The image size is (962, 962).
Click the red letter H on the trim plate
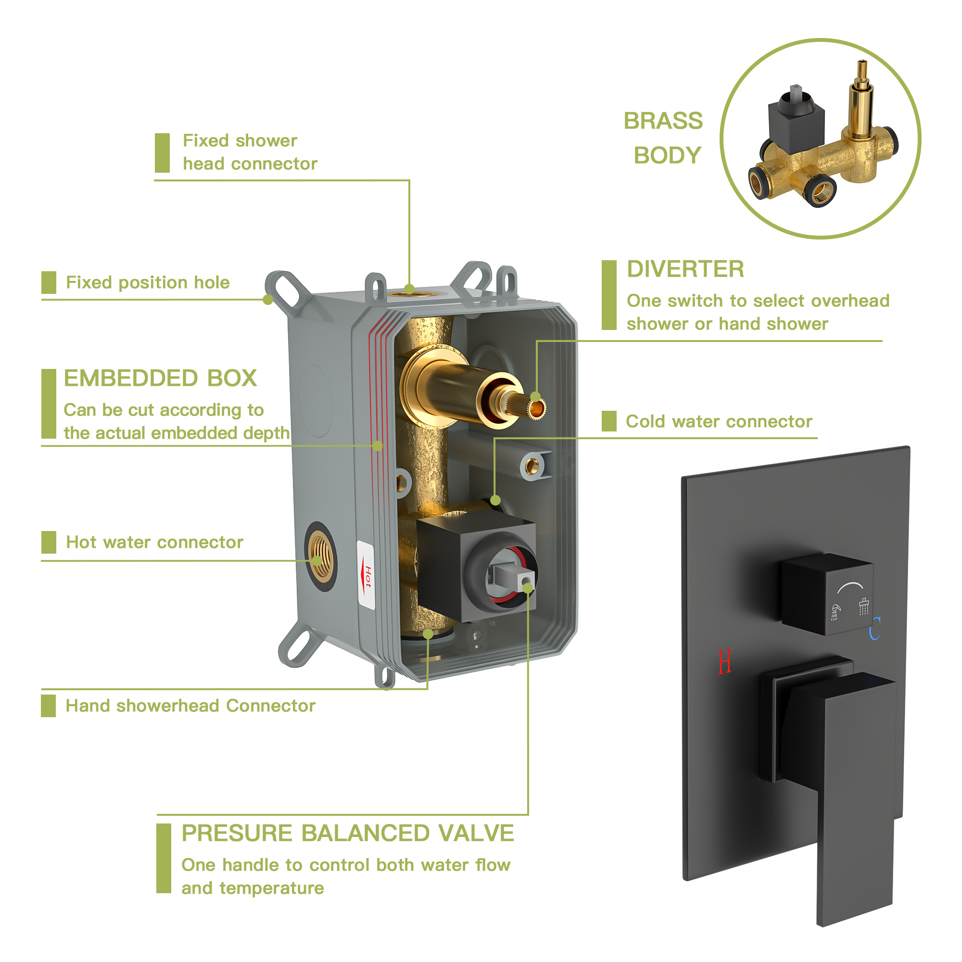[x=725, y=662]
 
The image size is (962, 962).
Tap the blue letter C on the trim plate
[x=875, y=628]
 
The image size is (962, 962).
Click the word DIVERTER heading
[x=685, y=269]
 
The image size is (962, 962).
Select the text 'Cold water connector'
[x=719, y=421]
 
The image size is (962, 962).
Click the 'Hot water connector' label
[x=155, y=542]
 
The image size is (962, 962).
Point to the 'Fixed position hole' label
[x=148, y=282]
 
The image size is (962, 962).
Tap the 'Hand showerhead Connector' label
[x=190, y=706]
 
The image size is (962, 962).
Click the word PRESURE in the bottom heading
[x=237, y=833]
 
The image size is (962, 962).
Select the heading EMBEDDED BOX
[x=160, y=378]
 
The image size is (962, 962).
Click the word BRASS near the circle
[x=663, y=121]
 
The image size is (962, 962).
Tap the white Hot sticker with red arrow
[x=366, y=575]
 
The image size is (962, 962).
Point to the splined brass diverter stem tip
[x=536, y=409]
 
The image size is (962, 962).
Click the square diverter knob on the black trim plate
[x=827, y=594]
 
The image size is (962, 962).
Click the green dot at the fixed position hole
[x=268, y=299]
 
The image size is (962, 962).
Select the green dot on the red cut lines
[x=378, y=446]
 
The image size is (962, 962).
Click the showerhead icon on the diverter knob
[x=864, y=606]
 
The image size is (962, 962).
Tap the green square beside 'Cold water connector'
[x=609, y=421]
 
